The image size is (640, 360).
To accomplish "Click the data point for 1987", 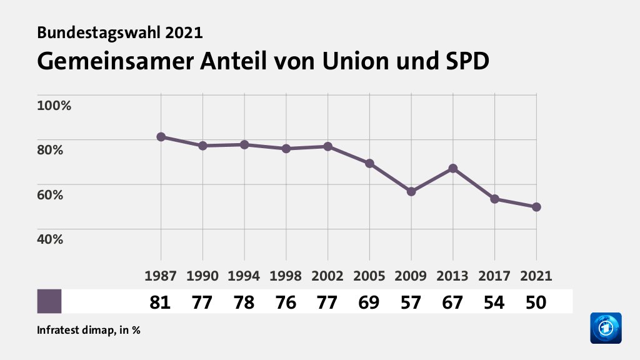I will pos(161,137).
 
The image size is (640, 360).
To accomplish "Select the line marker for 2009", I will pos(411,191).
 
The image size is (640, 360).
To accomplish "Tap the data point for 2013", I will pos(453,168).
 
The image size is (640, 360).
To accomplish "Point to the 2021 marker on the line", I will pos(536,207).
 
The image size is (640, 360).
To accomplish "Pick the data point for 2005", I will pos(369,164).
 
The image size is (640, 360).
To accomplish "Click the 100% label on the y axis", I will pos(54,105).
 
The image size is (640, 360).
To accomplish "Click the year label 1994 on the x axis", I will pos(244,276).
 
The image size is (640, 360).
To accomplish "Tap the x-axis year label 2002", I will pos(327,276).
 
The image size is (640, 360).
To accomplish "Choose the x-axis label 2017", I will pos(494,276).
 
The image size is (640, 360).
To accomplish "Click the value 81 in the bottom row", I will pos(161,302).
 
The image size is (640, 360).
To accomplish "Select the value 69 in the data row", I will pos(369,302).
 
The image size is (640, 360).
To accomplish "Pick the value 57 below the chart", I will pos(411,302).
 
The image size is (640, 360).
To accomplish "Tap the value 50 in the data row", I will pos(536,302).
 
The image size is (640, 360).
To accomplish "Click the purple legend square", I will pos(49,301).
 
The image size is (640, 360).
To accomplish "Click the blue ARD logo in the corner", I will pos(606,327).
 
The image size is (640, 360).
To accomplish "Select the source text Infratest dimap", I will pos(74,329).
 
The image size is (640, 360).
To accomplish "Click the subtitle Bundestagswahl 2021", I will pos(120,32).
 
